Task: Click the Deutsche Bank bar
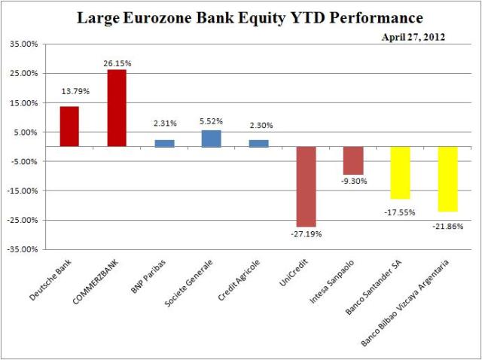(69, 127)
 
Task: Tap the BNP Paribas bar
(164, 143)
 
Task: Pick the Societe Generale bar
(211, 139)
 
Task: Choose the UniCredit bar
(306, 186)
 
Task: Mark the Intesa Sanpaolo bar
(352, 160)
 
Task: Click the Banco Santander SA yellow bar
(400, 172)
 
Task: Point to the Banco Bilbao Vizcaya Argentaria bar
(447, 178)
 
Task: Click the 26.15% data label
(117, 64)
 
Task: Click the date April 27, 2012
(412, 36)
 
